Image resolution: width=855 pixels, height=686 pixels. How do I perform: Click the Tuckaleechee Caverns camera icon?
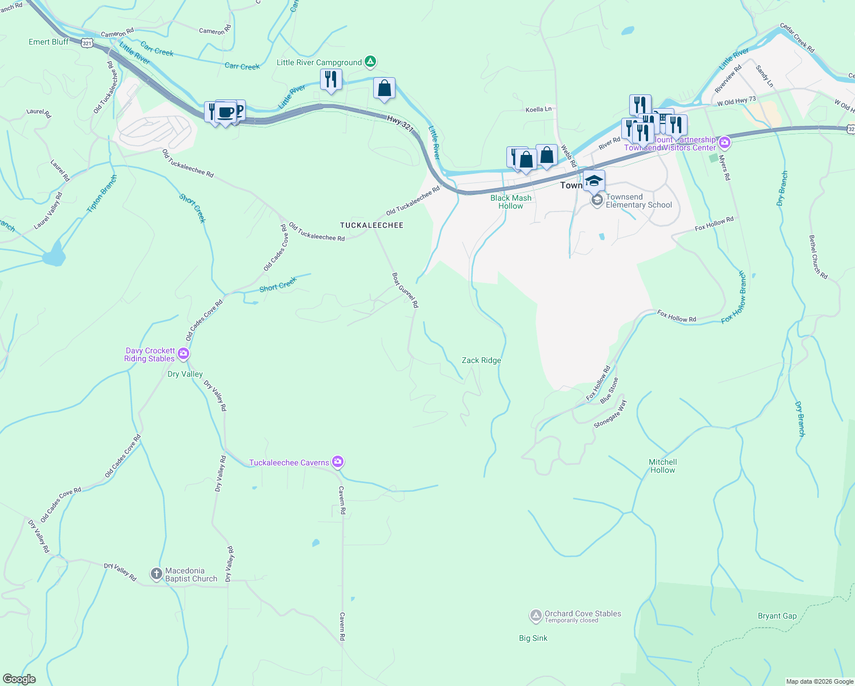click(338, 462)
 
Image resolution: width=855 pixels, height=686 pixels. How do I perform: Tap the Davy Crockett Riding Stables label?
click(150, 355)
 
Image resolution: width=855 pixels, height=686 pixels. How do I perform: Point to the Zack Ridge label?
click(481, 361)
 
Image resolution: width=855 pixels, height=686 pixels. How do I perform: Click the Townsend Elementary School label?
click(638, 201)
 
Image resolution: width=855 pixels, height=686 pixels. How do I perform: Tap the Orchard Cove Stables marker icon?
click(536, 616)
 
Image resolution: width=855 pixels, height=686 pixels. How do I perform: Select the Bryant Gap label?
click(777, 616)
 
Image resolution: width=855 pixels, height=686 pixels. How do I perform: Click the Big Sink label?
click(533, 639)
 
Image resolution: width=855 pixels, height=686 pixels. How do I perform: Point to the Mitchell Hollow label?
click(662, 466)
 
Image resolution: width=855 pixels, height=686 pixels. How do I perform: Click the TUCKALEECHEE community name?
click(371, 226)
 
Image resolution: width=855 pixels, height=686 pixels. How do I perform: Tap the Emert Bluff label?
click(49, 42)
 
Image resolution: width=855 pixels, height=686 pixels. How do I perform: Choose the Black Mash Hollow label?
click(511, 202)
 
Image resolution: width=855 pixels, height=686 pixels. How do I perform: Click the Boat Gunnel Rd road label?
click(405, 290)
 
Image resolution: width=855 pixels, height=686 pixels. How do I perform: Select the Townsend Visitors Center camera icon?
click(725, 142)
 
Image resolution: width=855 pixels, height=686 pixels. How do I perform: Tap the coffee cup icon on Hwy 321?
click(226, 111)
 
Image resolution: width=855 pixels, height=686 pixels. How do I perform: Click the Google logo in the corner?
click(19, 679)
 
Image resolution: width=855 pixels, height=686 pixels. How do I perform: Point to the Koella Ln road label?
click(539, 109)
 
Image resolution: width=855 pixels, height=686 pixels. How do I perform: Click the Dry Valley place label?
click(185, 374)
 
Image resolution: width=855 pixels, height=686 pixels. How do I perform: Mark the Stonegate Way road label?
click(610, 414)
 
